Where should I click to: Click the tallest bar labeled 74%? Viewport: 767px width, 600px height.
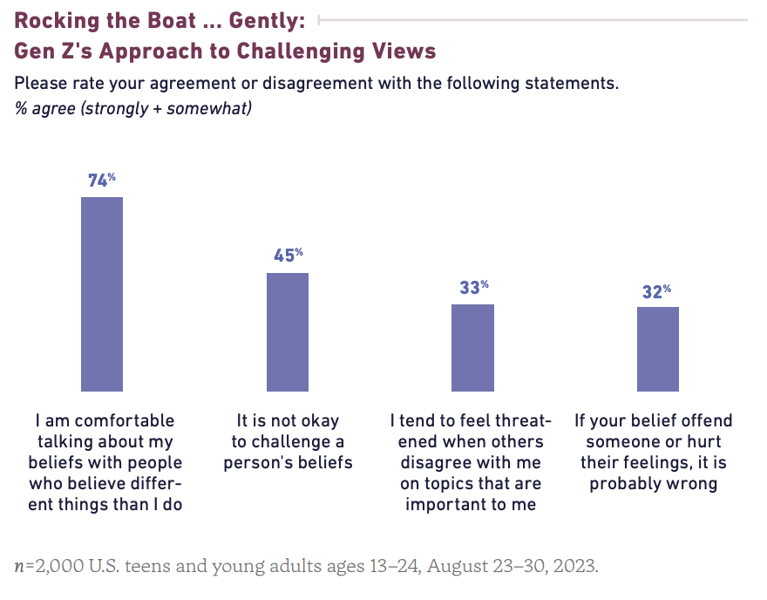102,294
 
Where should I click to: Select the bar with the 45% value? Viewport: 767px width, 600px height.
288,332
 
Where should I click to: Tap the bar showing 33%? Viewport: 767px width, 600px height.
472,348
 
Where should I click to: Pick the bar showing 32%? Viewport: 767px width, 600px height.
658,349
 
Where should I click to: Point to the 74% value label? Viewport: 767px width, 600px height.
101,181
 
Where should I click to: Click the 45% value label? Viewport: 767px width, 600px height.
288,256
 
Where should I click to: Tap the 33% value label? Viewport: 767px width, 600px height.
473,287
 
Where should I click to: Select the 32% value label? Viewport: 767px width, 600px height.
657,291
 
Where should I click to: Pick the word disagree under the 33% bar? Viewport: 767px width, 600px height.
438,463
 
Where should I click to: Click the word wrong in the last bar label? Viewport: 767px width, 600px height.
693,484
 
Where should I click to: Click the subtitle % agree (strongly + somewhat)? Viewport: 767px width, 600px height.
133,109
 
